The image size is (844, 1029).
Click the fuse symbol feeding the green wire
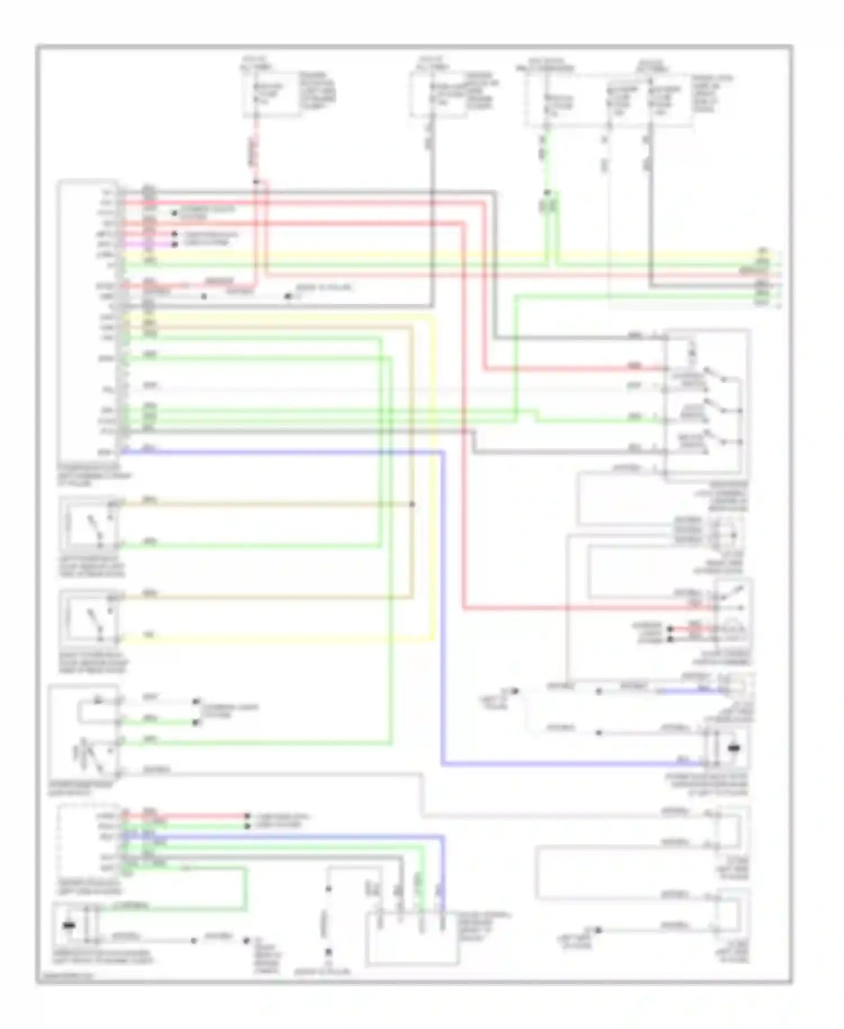(x=545, y=104)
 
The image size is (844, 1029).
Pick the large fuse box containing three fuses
(x=608, y=100)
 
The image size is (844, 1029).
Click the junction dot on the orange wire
(x=412, y=504)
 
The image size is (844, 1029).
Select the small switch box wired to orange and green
(x=90, y=524)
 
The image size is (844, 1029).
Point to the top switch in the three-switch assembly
(x=715, y=374)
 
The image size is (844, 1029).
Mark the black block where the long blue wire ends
(x=734, y=748)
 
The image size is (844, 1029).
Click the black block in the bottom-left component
(x=70, y=926)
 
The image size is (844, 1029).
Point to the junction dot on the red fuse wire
(x=256, y=182)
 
